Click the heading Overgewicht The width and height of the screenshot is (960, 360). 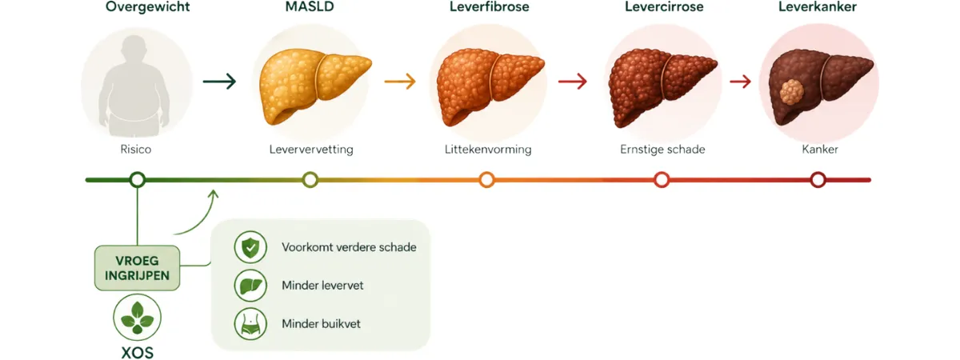click(x=148, y=7)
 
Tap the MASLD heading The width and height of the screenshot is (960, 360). click(x=310, y=6)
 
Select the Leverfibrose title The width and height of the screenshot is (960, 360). click(x=489, y=6)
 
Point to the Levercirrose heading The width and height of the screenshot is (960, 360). click(x=664, y=6)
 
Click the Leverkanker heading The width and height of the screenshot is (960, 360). click(x=818, y=6)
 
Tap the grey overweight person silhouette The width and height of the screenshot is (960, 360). click(x=134, y=86)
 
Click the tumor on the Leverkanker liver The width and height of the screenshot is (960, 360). click(x=791, y=92)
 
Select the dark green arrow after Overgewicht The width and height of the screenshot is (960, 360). click(x=219, y=81)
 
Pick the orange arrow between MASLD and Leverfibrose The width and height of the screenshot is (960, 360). click(x=400, y=81)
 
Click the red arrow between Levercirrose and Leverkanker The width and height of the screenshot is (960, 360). click(x=740, y=81)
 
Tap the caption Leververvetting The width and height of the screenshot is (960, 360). click(x=311, y=150)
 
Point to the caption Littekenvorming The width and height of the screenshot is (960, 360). click(x=488, y=150)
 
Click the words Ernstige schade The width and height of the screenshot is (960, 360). click(x=662, y=150)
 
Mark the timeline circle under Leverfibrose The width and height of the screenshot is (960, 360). click(x=486, y=173)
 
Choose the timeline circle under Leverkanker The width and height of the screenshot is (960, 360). click(x=818, y=173)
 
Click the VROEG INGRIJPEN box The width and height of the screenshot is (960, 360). click(x=137, y=268)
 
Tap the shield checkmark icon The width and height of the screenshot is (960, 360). click(x=250, y=247)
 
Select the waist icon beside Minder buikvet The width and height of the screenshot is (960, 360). click(x=250, y=323)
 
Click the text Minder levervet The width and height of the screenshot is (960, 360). click(x=322, y=286)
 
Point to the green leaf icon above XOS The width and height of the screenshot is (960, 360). click(x=137, y=318)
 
